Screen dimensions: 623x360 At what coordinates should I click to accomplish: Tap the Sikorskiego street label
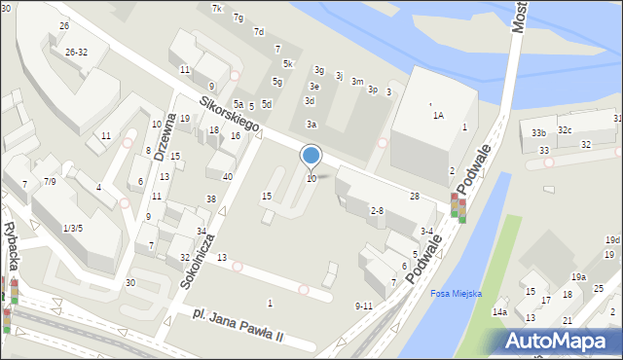[x=230, y=114]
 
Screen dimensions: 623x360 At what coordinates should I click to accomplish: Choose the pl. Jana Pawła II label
[x=238, y=326]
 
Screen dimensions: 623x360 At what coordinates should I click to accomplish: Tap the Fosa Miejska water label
[x=457, y=294]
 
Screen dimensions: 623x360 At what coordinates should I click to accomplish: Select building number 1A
[x=438, y=115]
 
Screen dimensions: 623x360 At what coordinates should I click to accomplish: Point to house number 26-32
[x=76, y=52]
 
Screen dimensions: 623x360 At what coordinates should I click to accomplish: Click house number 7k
[x=217, y=9]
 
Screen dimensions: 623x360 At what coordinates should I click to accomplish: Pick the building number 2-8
[x=377, y=210]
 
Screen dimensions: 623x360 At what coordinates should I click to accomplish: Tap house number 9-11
[x=363, y=306]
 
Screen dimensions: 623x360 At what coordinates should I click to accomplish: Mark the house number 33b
[x=538, y=132]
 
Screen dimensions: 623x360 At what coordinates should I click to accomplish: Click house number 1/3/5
[x=73, y=228]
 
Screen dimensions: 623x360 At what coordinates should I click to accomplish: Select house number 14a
[x=499, y=311]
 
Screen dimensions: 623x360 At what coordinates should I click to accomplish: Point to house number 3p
[x=373, y=90]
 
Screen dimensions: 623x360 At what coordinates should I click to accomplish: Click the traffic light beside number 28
[x=458, y=206]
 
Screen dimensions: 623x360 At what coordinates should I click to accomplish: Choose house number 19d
[x=611, y=239]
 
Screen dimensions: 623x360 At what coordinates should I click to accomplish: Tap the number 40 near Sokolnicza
[x=227, y=177]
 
